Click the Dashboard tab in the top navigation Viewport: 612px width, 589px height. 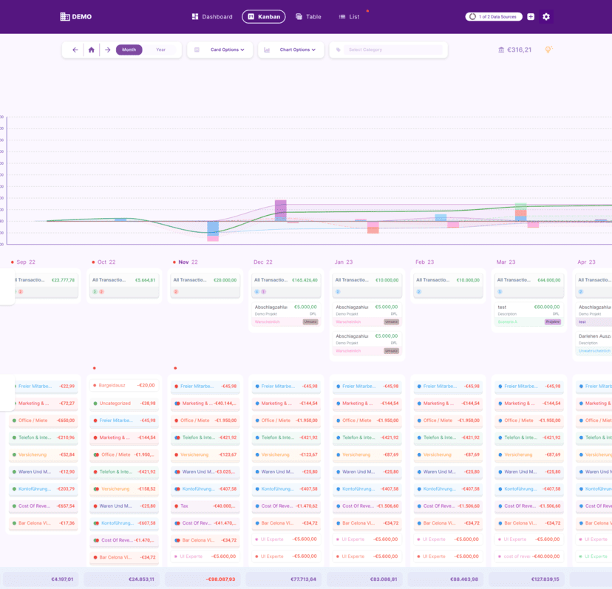[212, 16]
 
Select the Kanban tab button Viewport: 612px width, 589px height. [263, 16]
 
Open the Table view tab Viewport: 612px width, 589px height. [308, 16]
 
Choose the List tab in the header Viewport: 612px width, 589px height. [349, 16]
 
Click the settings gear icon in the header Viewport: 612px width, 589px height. [546, 16]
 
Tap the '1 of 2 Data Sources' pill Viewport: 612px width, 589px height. [493, 16]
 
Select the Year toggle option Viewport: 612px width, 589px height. [160, 50]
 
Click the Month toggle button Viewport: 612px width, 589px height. [129, 50]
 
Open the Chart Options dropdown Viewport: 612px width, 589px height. [290, 50]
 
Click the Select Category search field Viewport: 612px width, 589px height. [392, 50]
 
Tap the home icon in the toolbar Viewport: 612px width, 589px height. [91, 50]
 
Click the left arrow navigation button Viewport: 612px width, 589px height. [75, 50]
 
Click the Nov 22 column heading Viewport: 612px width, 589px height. [188, 262]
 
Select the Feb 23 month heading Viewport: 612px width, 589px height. [424, 262]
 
